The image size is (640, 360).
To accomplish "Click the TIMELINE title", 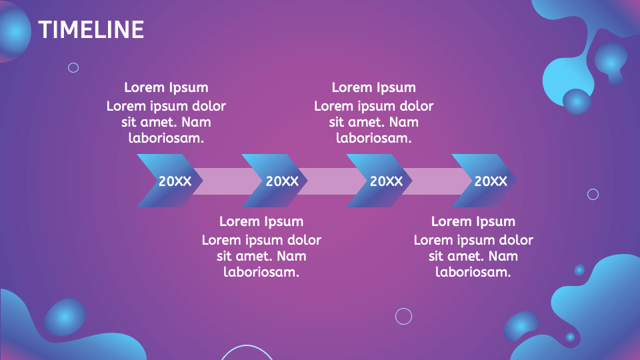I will tap(91, 30).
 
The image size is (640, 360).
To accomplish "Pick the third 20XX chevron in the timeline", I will tap(379, 181).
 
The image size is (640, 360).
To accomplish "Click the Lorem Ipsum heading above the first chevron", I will tap(166, 87).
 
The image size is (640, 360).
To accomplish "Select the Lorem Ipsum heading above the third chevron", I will tap(373, 87).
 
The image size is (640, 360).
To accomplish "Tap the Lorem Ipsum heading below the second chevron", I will tap(261, 221).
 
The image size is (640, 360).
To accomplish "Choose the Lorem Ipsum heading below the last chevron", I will tap(473, 221).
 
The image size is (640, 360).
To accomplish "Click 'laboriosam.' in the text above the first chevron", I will tap(166, 139).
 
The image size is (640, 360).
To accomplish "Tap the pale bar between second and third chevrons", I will tap(329, 181).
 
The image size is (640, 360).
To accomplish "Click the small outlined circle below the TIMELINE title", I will tap(73, 67).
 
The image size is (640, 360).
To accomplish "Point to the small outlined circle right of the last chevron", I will tap(593, 194).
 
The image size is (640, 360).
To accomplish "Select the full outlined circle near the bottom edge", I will tap(403, 316).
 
